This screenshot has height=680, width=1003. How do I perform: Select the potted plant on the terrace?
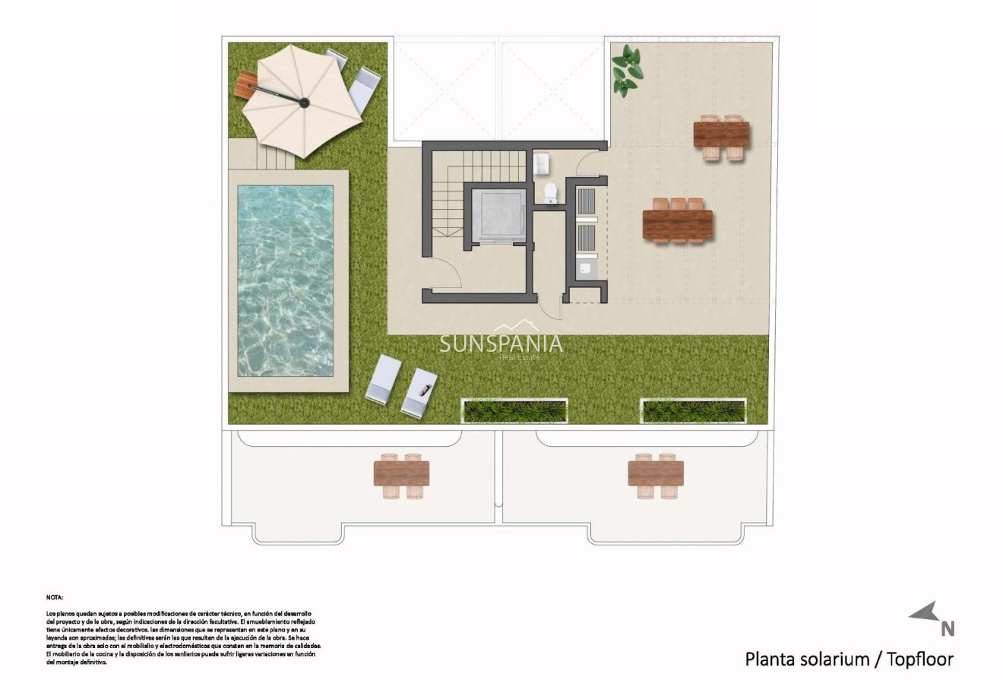(626, 71)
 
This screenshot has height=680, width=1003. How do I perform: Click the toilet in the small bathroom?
(551, 193)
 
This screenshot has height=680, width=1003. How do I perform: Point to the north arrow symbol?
(924, 612)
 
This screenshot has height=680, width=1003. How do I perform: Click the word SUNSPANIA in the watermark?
(501, 343)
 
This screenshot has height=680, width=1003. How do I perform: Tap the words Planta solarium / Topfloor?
(849, 658)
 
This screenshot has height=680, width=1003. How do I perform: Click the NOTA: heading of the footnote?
(54, 597)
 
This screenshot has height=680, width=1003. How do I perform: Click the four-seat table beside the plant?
(721, 135)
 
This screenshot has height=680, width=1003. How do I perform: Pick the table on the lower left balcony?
(401, 474)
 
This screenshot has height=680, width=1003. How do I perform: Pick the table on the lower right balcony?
(656, 474)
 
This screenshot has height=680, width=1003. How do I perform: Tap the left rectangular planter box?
(514, 411)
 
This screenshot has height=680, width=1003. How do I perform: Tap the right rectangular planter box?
(693, 411)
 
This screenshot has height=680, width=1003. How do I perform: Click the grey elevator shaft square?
(498, 215)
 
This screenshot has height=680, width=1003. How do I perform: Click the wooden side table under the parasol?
(245, 83)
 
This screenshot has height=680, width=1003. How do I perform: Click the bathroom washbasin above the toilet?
(542, 163)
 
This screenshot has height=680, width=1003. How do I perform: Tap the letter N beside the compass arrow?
(948, 628)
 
